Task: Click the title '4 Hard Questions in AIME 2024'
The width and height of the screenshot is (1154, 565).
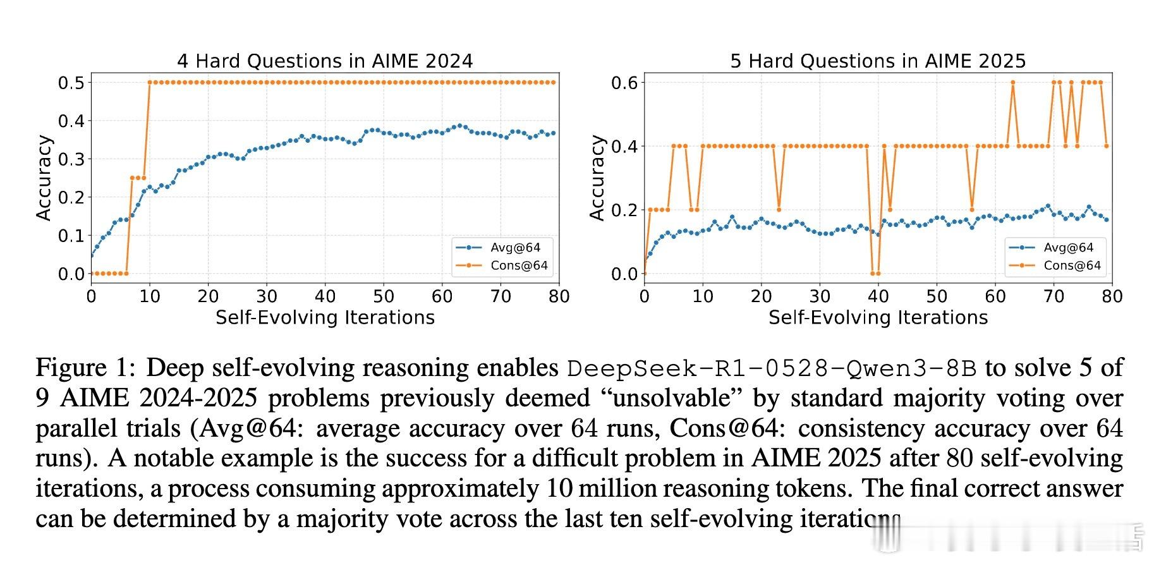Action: [325, 61]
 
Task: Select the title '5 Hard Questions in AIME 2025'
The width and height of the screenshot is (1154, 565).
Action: [878, 61]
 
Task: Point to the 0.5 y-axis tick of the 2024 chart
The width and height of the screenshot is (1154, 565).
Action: [71, 83]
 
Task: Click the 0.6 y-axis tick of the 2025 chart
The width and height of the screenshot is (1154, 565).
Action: [624, 83]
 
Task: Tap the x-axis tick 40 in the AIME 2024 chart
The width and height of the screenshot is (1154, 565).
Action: [325, 296]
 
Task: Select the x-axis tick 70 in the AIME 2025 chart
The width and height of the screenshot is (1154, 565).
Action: [1054, 296]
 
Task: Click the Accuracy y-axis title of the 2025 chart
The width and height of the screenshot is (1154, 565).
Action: [597, 178]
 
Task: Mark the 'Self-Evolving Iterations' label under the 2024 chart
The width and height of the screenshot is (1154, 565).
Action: [325, 317]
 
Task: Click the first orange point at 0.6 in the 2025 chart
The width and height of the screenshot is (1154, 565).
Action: [1012, 82]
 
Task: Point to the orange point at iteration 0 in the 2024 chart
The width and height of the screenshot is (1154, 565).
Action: [92, 274]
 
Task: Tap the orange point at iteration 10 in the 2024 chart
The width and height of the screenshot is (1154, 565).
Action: [150, 82]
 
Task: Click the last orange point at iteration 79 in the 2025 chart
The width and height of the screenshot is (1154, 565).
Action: [1107, 146]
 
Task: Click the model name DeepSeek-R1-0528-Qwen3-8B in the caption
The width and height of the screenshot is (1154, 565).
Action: [772, 368]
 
